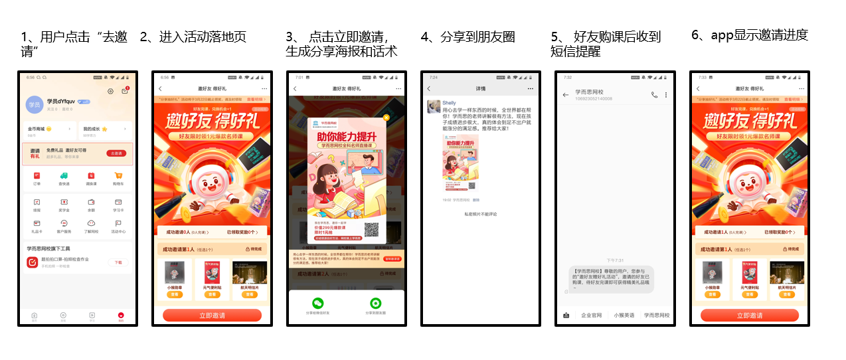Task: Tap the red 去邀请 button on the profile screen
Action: coord(116,153)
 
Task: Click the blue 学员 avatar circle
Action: coord(33,104)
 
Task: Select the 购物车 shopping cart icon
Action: coord(118,176)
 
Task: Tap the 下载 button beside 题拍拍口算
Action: coord(118,262)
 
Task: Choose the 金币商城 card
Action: coord(49,128)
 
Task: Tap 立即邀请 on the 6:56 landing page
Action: coord(212,315)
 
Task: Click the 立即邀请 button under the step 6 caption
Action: coord(749,315)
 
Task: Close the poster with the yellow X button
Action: coord(386,118)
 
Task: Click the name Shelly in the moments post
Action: coord(450,103)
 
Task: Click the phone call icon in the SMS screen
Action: coord(654,95)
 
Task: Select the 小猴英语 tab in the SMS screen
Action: coord(624,315)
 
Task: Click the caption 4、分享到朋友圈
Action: coord(467,37)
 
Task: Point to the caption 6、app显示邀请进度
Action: coord(750,36)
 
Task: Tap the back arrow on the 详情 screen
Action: coord(429,88)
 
